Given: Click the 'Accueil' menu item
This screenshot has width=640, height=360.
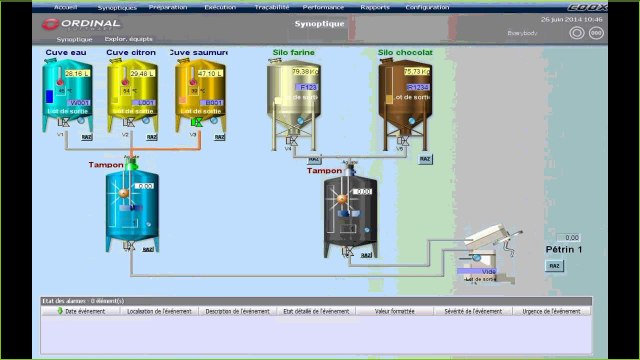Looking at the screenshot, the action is click(65, 6).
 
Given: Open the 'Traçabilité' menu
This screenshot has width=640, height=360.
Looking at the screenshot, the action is click(271, 6).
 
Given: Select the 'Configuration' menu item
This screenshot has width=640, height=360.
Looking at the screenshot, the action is click(428, 6).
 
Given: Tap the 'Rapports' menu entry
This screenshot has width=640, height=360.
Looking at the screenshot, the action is click(375, 6).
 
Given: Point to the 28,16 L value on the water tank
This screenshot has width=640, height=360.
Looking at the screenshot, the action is click(76, 73).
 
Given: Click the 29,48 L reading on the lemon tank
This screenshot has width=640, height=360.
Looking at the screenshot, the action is click(142, 73).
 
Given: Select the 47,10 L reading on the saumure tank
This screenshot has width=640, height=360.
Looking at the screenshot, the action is click(210, 73).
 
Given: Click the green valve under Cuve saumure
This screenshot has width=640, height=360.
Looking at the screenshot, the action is click(196, 122).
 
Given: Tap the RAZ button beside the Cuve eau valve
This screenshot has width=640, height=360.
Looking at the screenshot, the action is click(86, 137).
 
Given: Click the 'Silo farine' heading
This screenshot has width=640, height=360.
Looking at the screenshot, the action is click(292, 52).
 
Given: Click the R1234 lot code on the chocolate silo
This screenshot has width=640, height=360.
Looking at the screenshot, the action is click(417, 87).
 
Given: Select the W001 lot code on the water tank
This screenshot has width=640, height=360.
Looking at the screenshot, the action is click(79, 102).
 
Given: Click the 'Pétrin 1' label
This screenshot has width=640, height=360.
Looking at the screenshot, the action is click(565, 249).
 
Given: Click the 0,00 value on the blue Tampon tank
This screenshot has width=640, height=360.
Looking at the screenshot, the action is click(145, 185).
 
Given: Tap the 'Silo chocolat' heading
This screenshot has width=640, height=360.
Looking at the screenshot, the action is click(405, 52).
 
